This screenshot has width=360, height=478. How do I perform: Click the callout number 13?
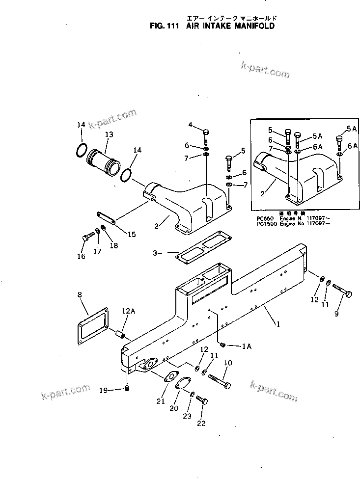[x=109, y=134]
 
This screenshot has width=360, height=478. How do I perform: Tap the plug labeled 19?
[x=127, y=390]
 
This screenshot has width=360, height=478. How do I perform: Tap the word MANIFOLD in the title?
[x=248, y=27]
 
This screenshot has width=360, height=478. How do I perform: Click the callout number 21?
[x=160, y=401]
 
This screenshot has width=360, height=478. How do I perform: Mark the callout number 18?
[x=113, y=245]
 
